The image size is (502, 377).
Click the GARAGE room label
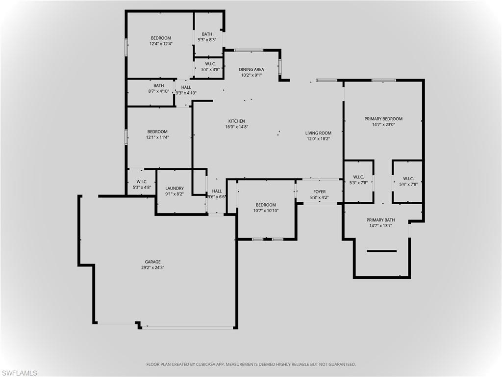(152, 262)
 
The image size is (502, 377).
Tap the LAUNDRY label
(175, 188)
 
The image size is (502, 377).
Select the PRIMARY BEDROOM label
(383, 119)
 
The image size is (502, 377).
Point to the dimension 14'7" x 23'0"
(383, 125)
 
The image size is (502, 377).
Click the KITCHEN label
(236, 121)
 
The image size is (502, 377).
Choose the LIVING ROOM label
(318, 133)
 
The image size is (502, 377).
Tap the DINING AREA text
(251, 70)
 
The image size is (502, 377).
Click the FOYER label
(319, 192)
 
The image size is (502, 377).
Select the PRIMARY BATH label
(381, 220)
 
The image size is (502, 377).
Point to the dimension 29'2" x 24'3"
(152, 268)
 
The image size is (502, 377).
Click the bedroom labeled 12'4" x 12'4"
(161, 41)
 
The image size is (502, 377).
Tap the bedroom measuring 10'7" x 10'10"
(266, 208)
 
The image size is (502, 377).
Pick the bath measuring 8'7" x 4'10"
(158, 88)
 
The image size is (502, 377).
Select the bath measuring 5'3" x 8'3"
(207, 37)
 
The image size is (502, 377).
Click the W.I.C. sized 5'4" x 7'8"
(408, 181)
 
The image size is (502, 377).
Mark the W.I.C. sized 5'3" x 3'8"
(210, 66)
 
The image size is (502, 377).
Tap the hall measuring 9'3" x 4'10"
(186, 90)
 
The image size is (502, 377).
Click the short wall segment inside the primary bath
(381, 251)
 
